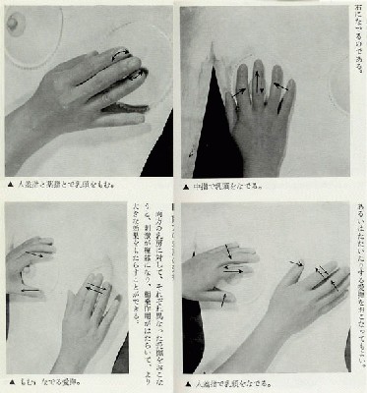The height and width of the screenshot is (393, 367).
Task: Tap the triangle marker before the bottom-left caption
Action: [x=9, y=380]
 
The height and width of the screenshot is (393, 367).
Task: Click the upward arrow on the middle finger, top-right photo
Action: [x=259, y=79]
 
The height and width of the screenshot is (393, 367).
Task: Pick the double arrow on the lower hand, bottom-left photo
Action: [x=95, y=288]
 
